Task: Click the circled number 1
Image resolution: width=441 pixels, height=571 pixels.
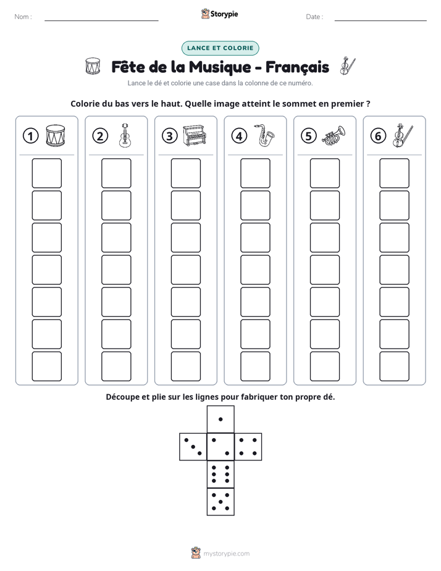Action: (x=30, y=136)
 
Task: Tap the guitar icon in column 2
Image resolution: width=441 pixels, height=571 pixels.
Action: (x=125, y=135)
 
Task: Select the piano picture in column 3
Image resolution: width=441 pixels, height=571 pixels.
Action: (x=195, y=135)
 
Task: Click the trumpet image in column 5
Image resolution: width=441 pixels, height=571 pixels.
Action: (x=334, y=135)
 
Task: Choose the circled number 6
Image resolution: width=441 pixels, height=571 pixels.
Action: (x=378, y=136)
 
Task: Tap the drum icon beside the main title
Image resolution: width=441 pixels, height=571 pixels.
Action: (x=93, y=66)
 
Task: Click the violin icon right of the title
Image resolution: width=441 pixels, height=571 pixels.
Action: (x=348, y=66)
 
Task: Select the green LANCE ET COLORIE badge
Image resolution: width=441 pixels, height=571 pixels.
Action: (x=220, y=48)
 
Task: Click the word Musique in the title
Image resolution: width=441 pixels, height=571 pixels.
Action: (x=220, y=67)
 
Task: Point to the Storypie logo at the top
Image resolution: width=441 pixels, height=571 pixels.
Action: (x=219, y=14)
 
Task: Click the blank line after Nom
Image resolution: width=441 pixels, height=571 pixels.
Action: (x=101, y=20)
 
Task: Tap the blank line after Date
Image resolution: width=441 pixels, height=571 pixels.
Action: (x=380, y=20)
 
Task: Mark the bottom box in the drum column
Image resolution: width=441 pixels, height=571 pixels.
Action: (x=46, y=366)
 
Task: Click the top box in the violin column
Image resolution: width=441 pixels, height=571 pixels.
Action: (x=395, y=173)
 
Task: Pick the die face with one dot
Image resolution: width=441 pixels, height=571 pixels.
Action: (x=220, y=419)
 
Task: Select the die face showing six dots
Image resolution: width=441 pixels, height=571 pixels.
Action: (x=220, y=474)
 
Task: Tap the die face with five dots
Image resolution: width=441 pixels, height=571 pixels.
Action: (x=220, y=502)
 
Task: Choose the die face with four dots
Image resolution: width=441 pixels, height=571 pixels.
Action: (x=248, y=446)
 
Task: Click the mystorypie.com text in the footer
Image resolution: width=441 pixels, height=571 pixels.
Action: (x=226, y=554)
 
